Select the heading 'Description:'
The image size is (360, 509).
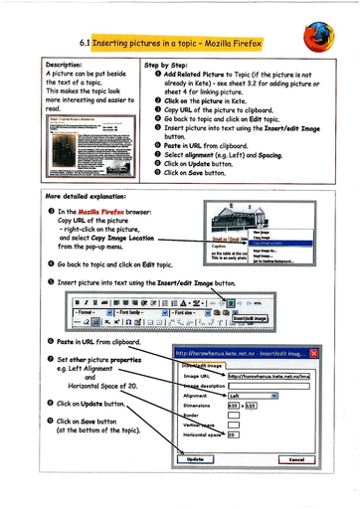(71, 64)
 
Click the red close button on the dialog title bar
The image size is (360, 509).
(313, 352)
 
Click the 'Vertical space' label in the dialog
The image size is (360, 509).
(199, 425)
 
